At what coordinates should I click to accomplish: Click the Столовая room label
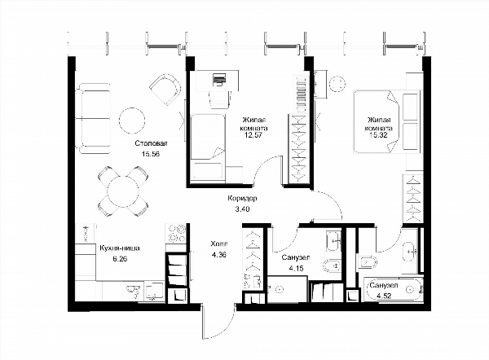pyautogui.click(x=152, y=143)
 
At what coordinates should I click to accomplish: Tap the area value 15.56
pyautogui.click(x=151, y=154)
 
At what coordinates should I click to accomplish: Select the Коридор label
pyautogui.click(x=242, y=198)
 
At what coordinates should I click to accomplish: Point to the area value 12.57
pyautogui.click(x=253, y=135)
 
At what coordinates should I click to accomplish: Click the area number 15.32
pyautogui.click(x=378, y=135)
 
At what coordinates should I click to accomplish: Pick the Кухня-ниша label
pyautogui.click(x=120, y=248)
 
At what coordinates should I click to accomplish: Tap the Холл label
pyautogui.click(x=219, y=244)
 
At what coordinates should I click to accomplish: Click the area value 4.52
pyautogui.click(x=384, y=296)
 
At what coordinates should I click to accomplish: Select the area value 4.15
pyautogui.click(x=296, y=268)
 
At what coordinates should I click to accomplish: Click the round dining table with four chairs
pyautogui.click(x=123, y=191)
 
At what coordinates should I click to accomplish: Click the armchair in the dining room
pyautogui.click(x=165, y=90)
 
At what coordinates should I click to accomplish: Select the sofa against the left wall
pyautogui.click(x=93, y=118)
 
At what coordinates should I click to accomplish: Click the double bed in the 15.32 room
pyautogui.click(x=385, y=122)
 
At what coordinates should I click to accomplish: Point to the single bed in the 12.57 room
pyautogui.click(x=208, y=147)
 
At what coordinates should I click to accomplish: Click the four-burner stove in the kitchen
pyautogui.click(x=175, y=234)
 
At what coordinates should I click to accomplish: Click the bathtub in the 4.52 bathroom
pyautogui.click(x=394, y=290)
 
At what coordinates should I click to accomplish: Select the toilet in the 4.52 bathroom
pyautogui.click(x=368, y=261)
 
